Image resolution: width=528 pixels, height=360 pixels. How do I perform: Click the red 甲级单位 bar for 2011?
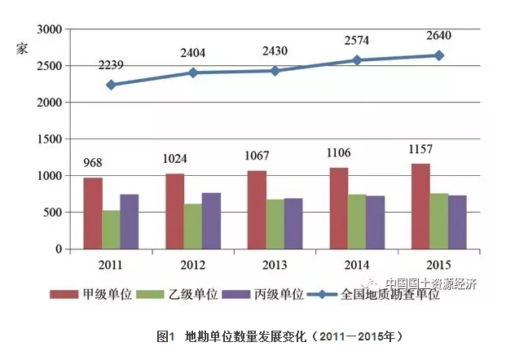93,213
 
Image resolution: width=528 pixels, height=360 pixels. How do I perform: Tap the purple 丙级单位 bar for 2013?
293,224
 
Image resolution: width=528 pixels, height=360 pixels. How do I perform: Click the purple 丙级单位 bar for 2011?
130,222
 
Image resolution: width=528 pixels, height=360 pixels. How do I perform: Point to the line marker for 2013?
275,71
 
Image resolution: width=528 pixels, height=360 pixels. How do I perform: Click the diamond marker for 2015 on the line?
438,55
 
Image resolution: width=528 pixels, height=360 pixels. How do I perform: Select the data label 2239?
111,65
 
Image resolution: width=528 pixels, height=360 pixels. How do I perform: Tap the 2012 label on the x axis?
193,266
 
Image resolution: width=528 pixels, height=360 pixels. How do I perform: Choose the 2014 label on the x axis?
357,266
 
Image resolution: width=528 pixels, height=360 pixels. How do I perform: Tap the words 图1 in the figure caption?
165,335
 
